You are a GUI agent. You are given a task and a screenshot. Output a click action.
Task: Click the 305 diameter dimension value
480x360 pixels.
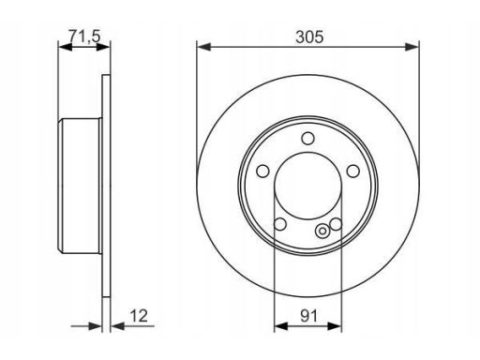pyautogui.click(x=309, y=37)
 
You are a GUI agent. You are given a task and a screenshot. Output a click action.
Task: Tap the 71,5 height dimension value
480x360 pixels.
pyautogui.click(x=84, y=36)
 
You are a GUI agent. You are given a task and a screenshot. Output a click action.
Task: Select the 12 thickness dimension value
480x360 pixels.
pyautogui.click(x=139, y=316)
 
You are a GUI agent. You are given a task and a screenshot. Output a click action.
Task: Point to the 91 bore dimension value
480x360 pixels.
pyautogui.click(x=308, y=316)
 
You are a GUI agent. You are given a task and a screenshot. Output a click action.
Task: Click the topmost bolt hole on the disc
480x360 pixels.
pyautogui.click(x=307, y=138)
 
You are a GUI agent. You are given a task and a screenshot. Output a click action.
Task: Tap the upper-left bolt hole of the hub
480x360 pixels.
pyautogui.click(x=262, y=171)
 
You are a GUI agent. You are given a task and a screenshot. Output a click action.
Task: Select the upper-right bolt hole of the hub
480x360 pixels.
pyautogui.click(x=353, y=171)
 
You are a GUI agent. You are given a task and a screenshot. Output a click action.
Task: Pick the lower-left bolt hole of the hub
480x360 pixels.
pyautogui.click(x=280, y=224)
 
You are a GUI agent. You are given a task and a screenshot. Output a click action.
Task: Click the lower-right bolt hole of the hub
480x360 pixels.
pyautogui.click(x=336, y=224)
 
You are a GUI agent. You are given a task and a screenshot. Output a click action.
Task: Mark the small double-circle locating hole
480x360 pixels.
pyautogui.click(x=322, y=232)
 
